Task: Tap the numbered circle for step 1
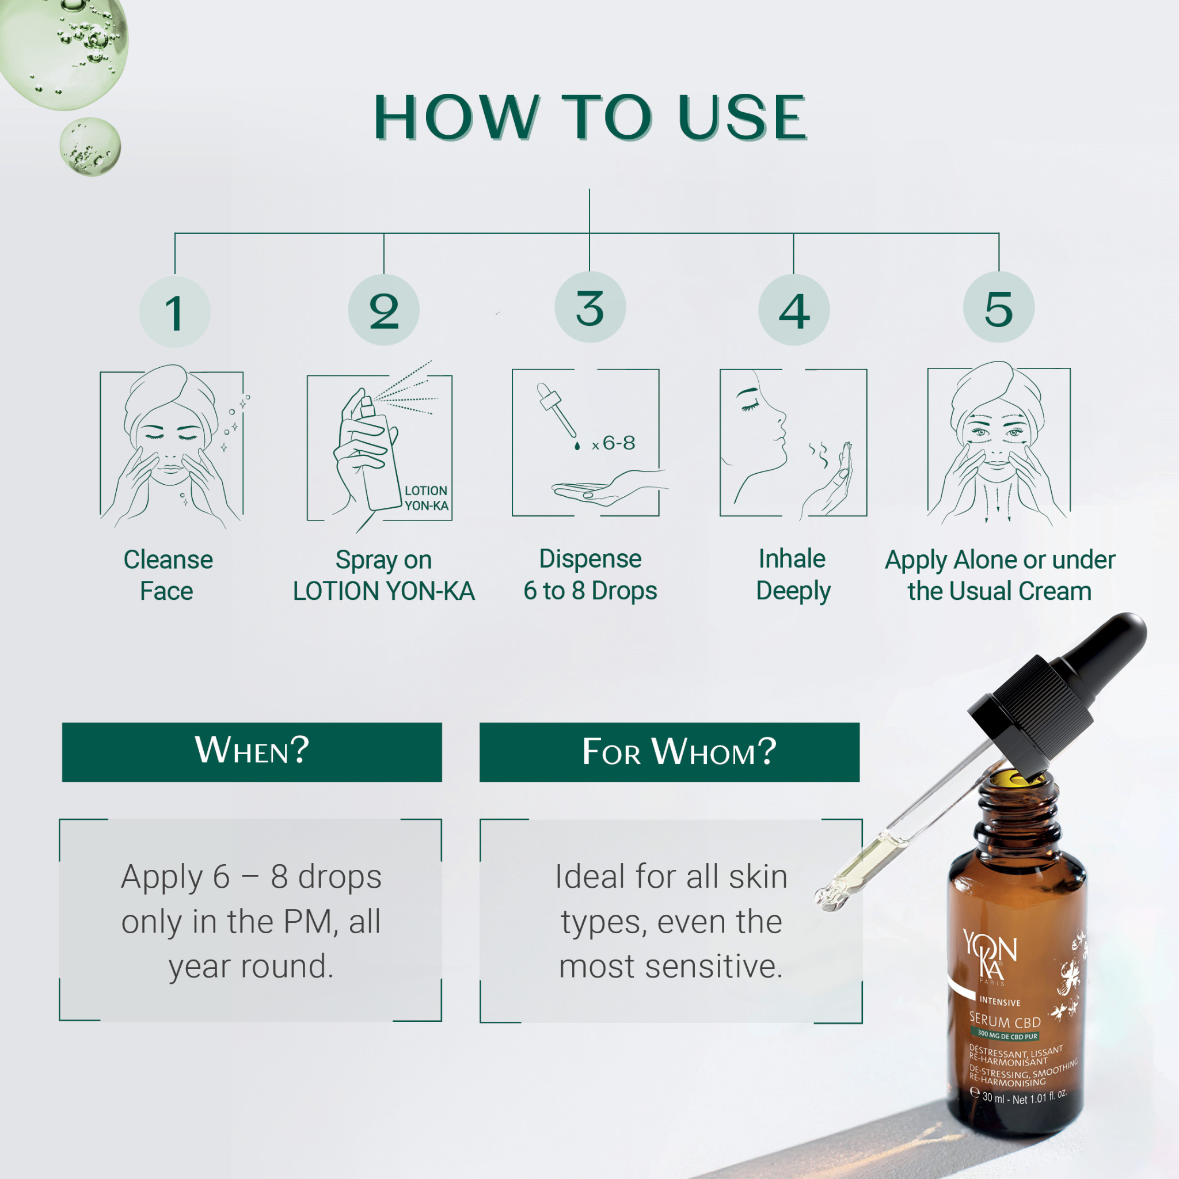tap(175, 312)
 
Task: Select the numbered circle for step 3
tap(590, 307)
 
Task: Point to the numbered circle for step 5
tap(998, 307)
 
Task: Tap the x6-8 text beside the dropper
tap(613, 443)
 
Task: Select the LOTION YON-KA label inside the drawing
tap(426, 498)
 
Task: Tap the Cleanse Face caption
tap(168, 575)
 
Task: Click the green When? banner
tap(252, 752)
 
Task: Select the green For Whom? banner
tap(670, 752)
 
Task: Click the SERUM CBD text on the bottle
tap(1005, 1021)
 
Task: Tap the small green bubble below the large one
tap(90, 147)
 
